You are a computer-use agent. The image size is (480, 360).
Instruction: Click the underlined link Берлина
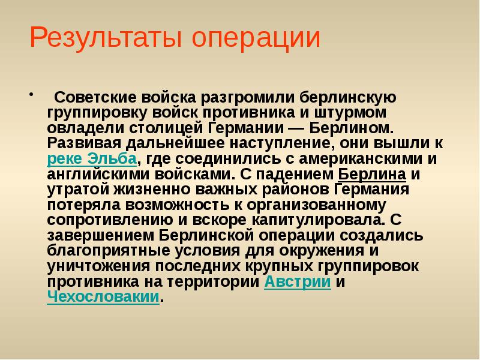tap(373, 175)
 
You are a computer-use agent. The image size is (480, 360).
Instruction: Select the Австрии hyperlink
tap(298, 282)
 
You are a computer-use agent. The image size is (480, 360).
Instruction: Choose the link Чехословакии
tap(103, 298)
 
